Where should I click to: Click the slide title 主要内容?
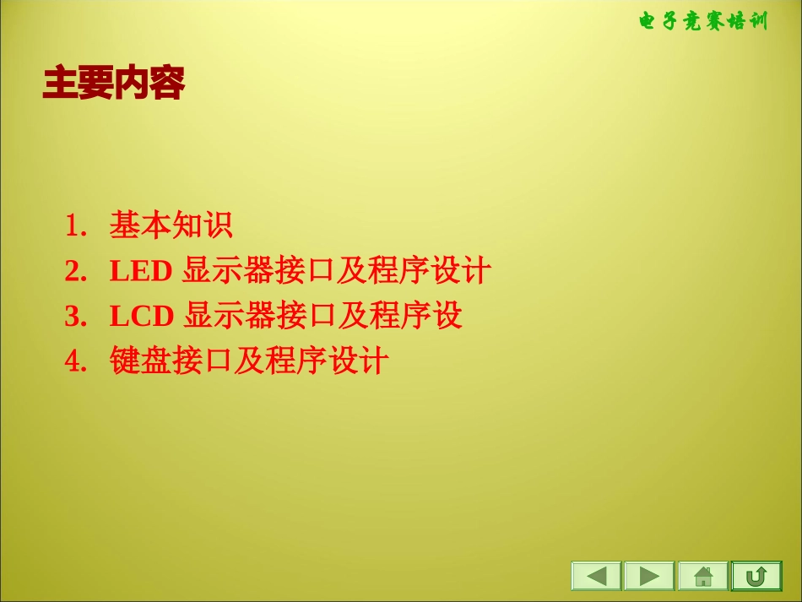pos(113,84)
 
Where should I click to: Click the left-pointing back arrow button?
pos(596,576)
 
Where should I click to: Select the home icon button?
pos(702,576)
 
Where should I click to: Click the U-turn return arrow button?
pos(756,576)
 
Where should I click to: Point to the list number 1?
pos(75,226)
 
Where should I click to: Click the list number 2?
pos(75,272)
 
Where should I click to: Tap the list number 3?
pos(75,317)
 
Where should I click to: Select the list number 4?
pos(75,362)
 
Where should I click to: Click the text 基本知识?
pos(171,226)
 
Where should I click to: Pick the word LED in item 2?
pos(141,272)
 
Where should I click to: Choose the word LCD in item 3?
pos(141,317)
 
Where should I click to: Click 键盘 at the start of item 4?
pos(140,362)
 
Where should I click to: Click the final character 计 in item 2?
pos(477,272)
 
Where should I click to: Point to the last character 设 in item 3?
pos(447,317)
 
